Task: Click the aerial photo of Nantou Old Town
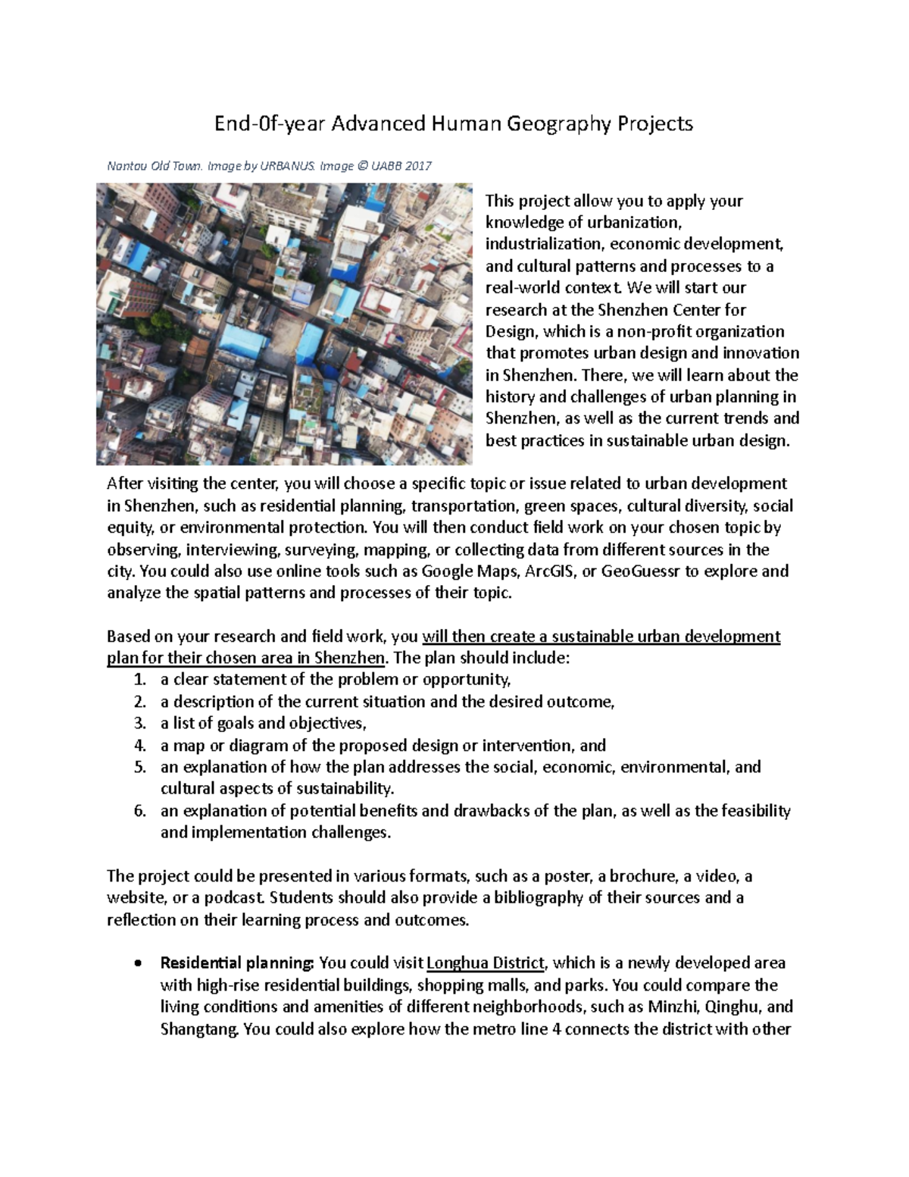tap(284, 324)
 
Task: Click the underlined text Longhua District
tap(486, 964)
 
